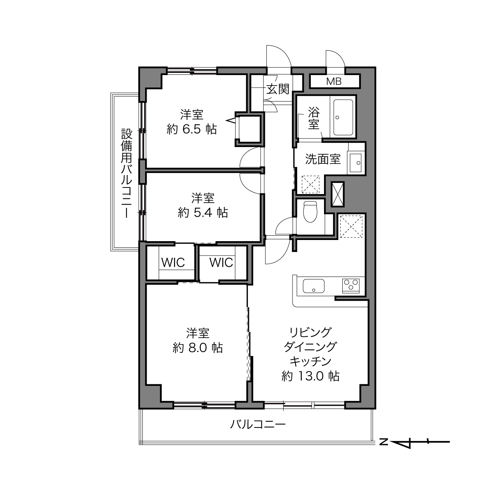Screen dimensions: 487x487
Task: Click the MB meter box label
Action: coord(334,81)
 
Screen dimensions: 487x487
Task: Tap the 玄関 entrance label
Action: coord(278,89)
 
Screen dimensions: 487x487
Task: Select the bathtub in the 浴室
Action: coord(343,117)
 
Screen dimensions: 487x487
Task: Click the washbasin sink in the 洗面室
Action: coord(356,162)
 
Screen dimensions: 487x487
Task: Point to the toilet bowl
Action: coord(310,212)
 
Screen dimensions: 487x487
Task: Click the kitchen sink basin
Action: coord(314,286)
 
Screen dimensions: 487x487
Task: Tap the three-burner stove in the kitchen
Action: coord(351,286)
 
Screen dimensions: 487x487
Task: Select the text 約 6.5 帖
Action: coord(192,130)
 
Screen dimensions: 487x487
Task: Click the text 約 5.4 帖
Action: coord(203,212)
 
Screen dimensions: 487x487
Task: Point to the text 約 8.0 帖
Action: coord(198,348)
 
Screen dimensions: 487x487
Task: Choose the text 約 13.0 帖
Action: coord(310,376)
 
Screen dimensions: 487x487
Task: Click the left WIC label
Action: coord(173,263)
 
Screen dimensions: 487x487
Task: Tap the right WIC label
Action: coord(221,263)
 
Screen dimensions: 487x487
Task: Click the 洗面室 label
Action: coord(323,159)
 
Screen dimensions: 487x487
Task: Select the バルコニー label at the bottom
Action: coord(258,424)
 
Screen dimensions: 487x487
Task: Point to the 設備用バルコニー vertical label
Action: coord(127,173)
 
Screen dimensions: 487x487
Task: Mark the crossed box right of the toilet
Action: coord(337,194)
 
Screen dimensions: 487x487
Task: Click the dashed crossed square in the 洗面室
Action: coord(310,184)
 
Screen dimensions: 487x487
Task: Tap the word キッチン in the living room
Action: coord(310,362)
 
